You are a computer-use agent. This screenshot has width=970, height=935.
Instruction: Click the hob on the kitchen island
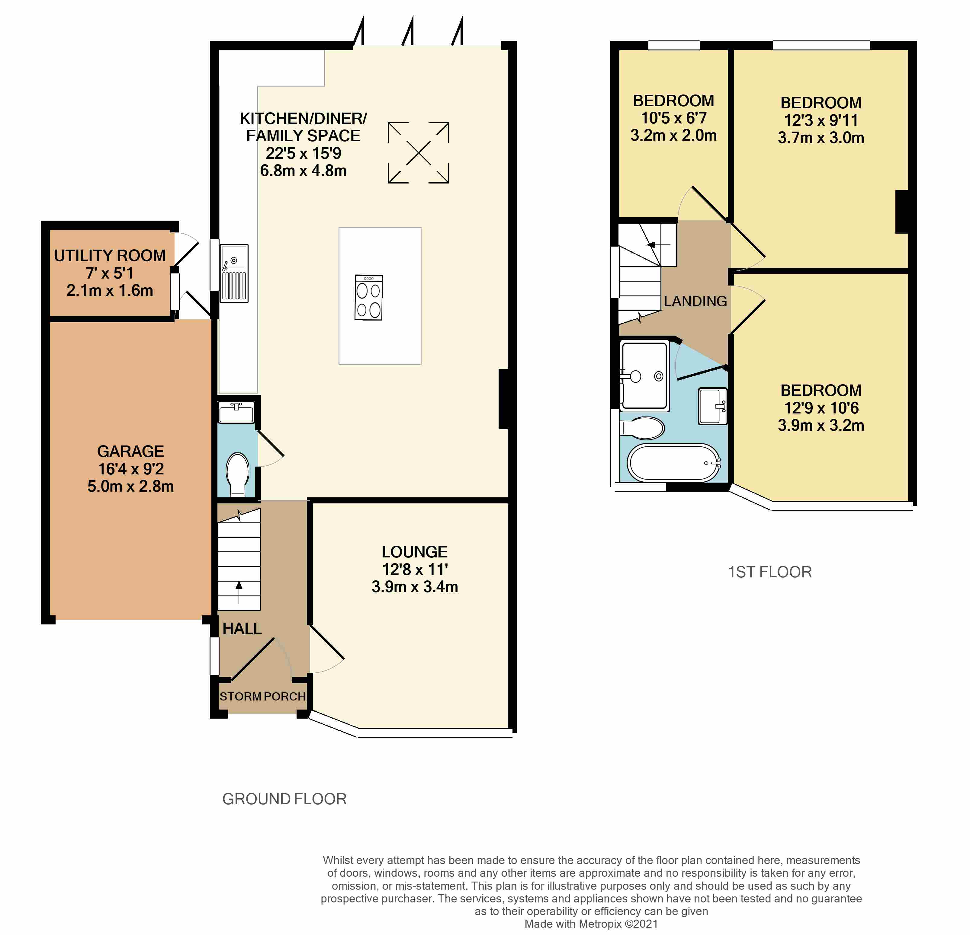369,297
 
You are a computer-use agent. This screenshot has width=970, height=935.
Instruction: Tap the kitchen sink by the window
234,273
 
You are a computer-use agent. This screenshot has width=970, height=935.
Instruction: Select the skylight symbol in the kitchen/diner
418,153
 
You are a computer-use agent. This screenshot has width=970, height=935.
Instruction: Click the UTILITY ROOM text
110,255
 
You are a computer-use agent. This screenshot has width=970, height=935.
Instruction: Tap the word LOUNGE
415,552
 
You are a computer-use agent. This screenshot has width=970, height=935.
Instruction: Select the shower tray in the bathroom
644,376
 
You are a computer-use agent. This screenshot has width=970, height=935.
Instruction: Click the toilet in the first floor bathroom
642,429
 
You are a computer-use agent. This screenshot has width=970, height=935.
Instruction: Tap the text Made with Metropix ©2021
591,924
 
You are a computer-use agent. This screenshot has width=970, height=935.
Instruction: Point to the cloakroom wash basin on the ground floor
236,412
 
